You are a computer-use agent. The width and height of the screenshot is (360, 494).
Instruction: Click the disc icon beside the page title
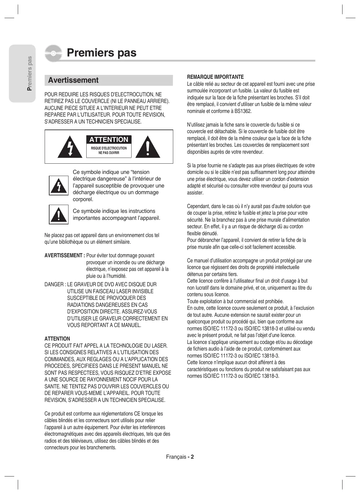[53, 53]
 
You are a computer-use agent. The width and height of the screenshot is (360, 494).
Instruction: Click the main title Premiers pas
[101, 53]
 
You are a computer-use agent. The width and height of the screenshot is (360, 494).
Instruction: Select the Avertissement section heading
[73, 80]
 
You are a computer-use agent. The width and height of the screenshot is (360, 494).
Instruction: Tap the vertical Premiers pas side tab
[29, 73]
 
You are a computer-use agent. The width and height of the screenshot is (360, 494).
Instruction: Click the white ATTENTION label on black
[109, 140]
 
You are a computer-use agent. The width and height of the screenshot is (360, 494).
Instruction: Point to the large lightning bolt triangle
[70, 147]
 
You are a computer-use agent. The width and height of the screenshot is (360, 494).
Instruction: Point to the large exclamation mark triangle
[148, 147]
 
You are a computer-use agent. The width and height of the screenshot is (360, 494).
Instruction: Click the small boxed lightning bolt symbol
[59, 185]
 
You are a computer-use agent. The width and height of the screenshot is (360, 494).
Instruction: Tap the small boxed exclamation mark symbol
[59, 214]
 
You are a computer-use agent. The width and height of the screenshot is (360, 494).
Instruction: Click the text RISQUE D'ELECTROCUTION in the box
[109, 148]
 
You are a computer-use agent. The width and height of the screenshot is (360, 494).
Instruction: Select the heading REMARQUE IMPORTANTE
[215, 77]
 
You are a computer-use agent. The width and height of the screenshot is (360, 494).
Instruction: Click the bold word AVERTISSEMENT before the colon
[63, 255]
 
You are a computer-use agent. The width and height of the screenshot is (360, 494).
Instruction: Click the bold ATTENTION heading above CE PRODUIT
[57, 339]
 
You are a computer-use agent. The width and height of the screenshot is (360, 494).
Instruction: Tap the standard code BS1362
[243, 111]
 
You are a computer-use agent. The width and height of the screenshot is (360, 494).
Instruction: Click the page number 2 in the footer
[192, 457]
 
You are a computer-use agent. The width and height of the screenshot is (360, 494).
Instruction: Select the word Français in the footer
[176, 457]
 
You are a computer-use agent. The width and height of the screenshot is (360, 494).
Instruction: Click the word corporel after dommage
[83, 199]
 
